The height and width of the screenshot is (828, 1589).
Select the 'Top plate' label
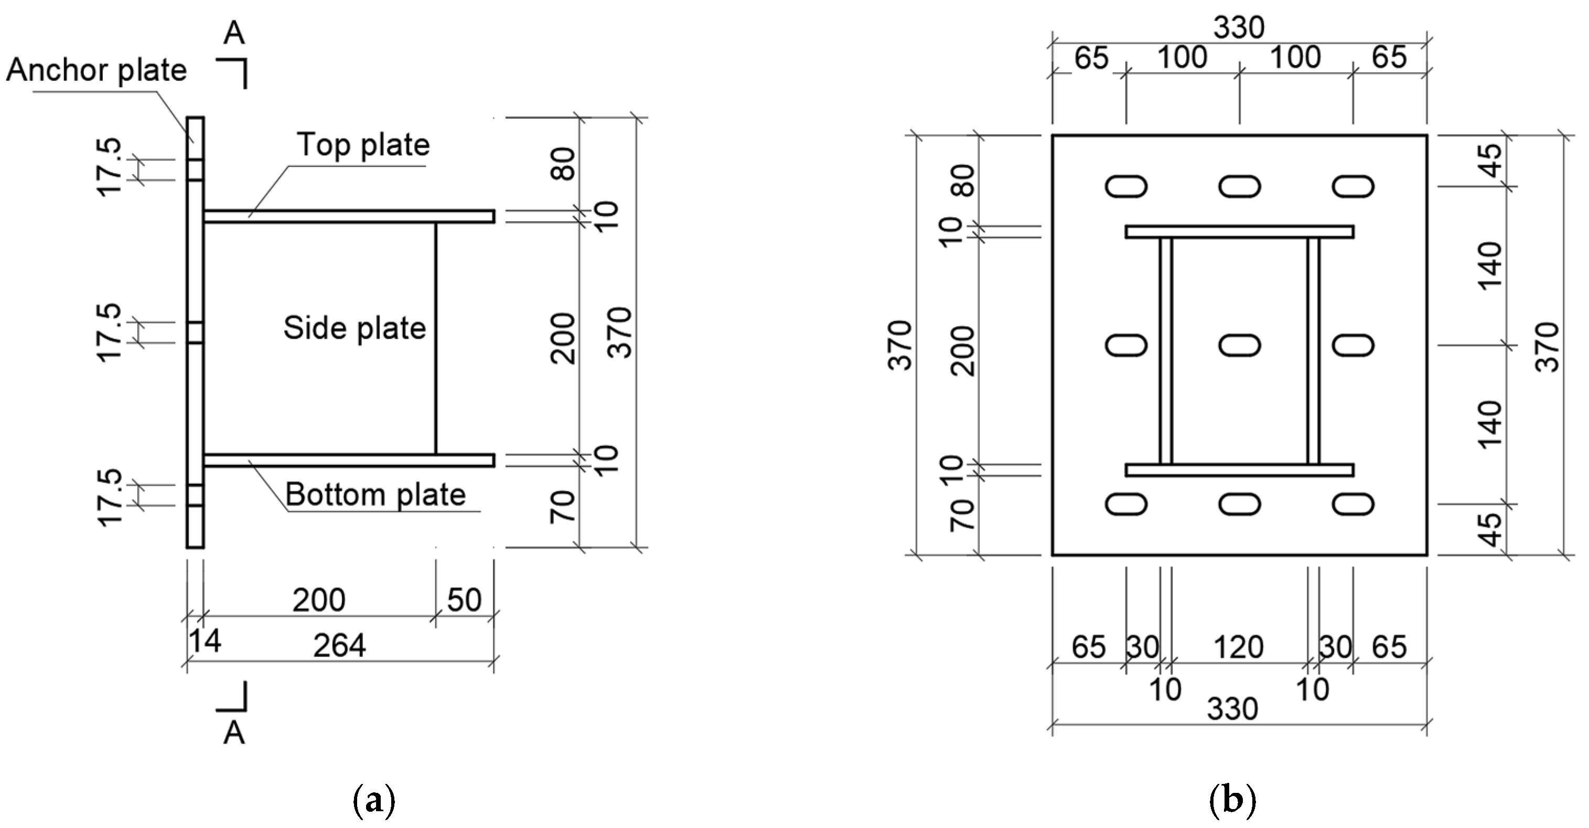pos(363,145)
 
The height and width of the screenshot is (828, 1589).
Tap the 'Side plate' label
pos(354,328)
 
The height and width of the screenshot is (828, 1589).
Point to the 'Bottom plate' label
pos(375,495)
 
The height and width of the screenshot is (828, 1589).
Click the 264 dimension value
pos(339,646)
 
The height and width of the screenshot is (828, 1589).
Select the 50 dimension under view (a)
pos(464,600)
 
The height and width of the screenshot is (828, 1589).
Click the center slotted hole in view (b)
pos(1239,345)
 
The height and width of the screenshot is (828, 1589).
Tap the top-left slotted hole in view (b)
pos(1126,186)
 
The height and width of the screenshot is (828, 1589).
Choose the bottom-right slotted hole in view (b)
pos(1352,504)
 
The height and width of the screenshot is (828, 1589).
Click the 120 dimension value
pos(1238,647)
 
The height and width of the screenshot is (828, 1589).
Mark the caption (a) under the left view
pos(374,801)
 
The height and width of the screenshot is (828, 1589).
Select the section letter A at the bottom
pos(234,734)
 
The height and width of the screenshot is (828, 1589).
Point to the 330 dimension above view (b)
pos(1239,28)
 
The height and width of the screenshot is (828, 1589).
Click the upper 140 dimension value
pos(1490,265)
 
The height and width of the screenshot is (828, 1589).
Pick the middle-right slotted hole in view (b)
pos(1352,345)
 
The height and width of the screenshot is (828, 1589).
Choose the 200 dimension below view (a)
pos(318,600)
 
